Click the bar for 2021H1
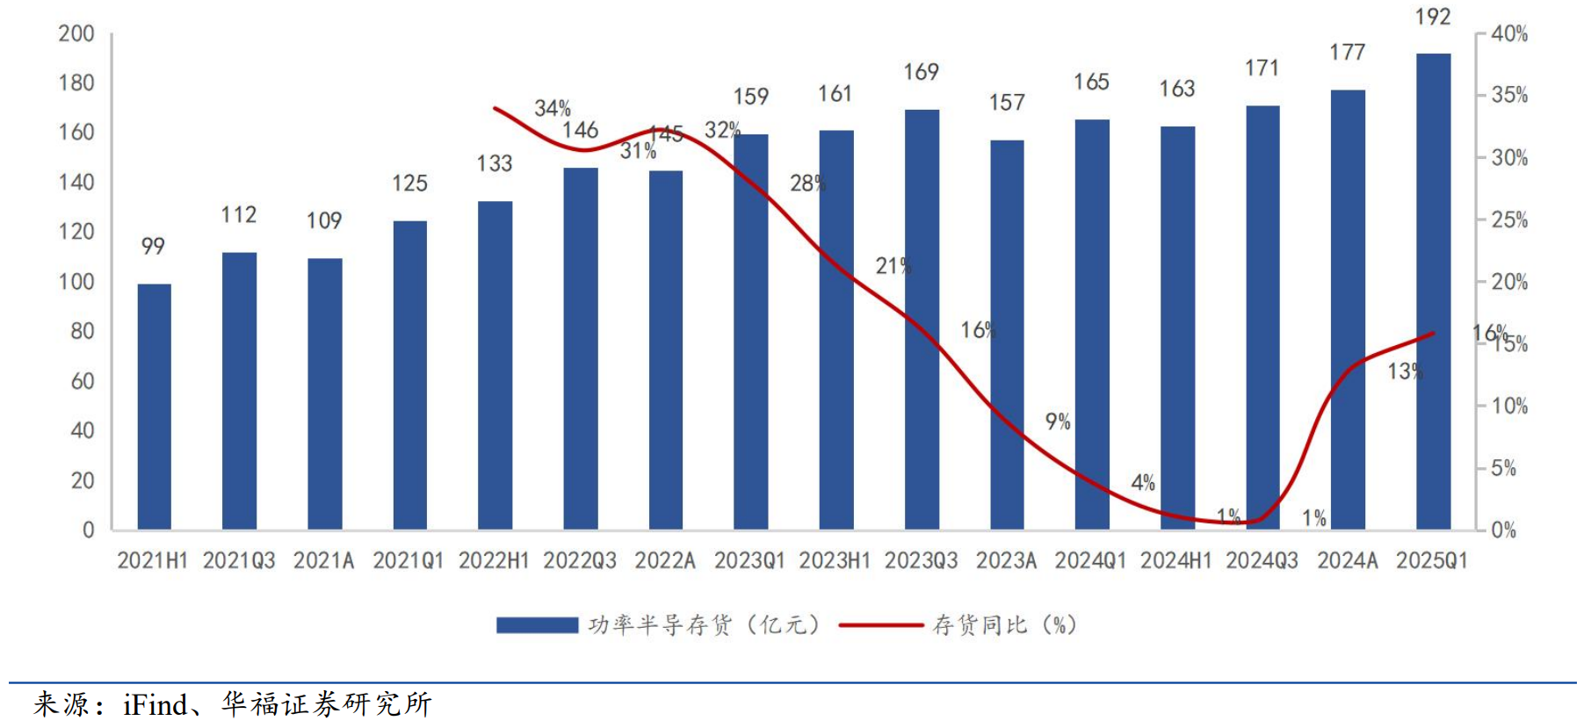pyautogui.click(x=155, y=407)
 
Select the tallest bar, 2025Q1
pyautogui.click(x=1433, y=292)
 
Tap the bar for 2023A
pyautogui.click(x=1007, y=335)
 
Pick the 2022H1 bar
pyautogui.click(x=495, y=365)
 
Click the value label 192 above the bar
pyautogui.click(x=1432, y=17)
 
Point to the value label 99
pyautogui.click(x=153, y=246)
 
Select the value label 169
pyautogui.click(x=921, y=72)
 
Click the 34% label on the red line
pyautogui.click(x=553, y=108)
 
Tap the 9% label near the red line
pyautogui.click(x=1058, y=422)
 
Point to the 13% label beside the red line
pyautogui.click(x=1404, y=371)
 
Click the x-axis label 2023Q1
pyautogui.click(x=749, y=560)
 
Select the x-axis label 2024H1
pyautogui.click(x=1175, y=560)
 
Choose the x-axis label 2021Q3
pyautogui.click(x=239, y=560)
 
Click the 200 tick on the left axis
pyautogui.click(x=76, y=33)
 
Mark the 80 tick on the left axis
pyautogui.click(x=82, y=331)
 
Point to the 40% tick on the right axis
pyautogui.click(x=1509, y=33)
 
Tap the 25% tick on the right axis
pyautogui.click(x=1509, y=220)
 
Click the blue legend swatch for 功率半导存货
pyautogui.click(x=537, y=625)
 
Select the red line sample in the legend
pyautogui.click(x=880, y=625)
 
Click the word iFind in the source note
pyautogui.click(x=155, y=704)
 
